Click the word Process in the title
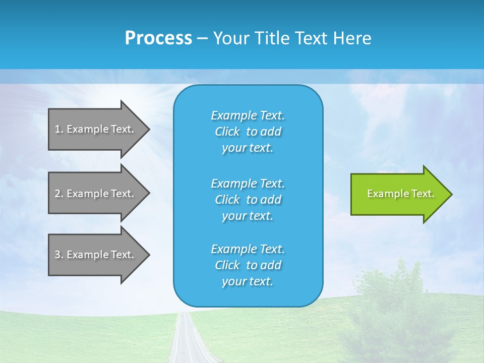point(158,38)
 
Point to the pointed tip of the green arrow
point(451,194)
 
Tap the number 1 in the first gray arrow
point(57,129)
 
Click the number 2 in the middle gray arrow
point(57,194)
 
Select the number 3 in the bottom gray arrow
point(57,255)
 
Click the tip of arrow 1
point(149,129)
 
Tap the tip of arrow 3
point(149,255)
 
